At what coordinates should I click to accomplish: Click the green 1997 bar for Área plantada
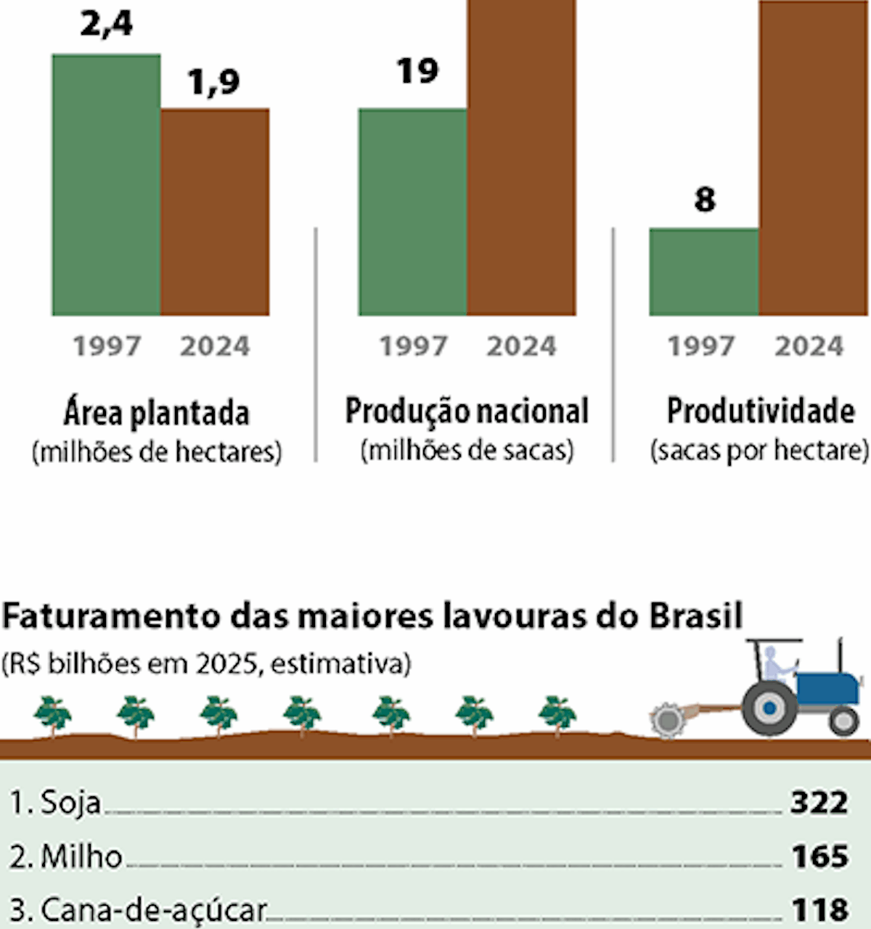coord(106,185)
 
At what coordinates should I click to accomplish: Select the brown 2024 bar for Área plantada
coord(215,212)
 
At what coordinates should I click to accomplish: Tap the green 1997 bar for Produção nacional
coord(412,212)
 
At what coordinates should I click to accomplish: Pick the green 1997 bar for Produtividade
coord(703,271)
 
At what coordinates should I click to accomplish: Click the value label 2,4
coord(106,23)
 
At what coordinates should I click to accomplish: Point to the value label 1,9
coord(213,81)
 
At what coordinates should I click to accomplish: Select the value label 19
coord(417,71)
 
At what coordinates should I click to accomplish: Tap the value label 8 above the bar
coord(704,200)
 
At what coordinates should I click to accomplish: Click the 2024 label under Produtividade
coord(809,346)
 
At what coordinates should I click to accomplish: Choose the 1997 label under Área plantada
coord(107,346)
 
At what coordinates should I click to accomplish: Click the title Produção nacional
coord(467,411)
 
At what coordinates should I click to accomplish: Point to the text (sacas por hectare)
coord(759,451)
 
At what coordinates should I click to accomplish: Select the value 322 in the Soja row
coord(819,803)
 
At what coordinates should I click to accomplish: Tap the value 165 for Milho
coord(819,856)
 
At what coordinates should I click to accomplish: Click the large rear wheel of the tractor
coord(769,706)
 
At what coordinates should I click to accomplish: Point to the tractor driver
coord(774,664)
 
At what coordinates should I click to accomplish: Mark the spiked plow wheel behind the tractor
coord(667,721)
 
